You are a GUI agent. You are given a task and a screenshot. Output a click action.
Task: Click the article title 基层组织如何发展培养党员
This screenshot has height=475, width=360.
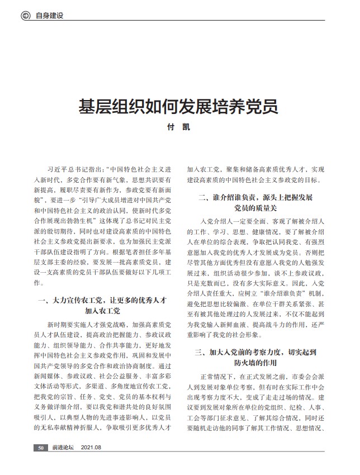(178, 106)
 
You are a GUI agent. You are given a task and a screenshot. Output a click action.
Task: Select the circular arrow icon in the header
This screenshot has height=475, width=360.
(25, 16)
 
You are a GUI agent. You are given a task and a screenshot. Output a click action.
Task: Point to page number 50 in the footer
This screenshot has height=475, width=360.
(40, 448)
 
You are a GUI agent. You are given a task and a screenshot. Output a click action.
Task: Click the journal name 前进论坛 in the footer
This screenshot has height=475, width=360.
(63, 448)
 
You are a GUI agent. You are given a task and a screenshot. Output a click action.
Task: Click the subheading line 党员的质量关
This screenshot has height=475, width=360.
(255, 208)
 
